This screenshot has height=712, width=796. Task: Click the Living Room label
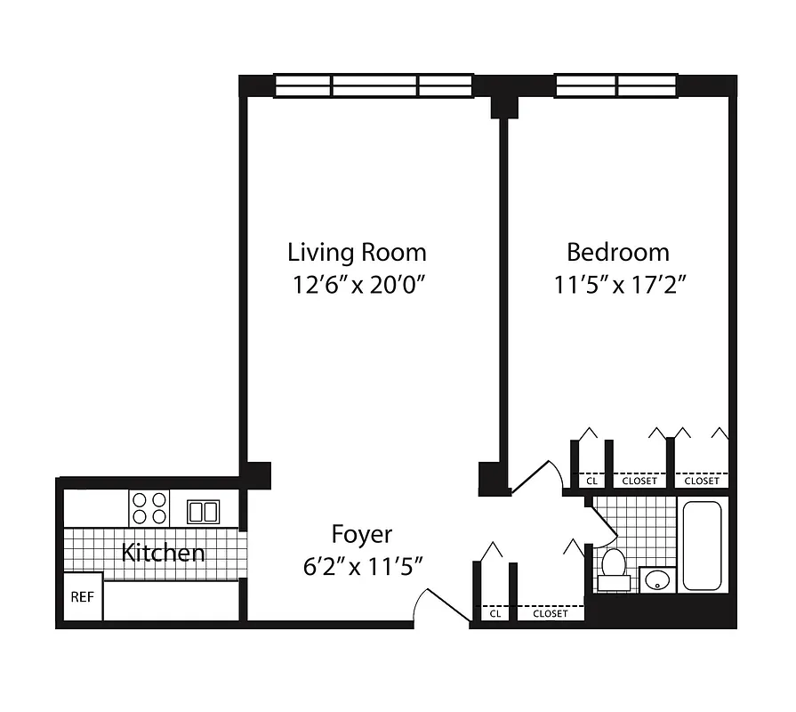click(357, 252)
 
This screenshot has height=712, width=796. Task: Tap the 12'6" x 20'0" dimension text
click(357, 285)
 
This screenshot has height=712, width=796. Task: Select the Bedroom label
click(618, 252)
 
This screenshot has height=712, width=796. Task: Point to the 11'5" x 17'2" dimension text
click(618, 285)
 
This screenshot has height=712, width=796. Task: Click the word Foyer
click(361, 534)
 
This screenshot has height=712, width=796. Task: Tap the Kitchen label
click(163, 553)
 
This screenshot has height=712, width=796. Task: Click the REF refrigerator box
click(82, 597)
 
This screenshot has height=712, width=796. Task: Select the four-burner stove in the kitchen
click(149, 508)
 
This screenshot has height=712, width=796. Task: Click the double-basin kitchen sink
click(203, 511)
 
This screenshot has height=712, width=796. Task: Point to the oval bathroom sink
click(657, 580)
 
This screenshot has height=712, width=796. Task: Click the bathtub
click(704, 546)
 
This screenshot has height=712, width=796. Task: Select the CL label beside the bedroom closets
click(591, 481)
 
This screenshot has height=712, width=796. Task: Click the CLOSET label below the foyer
click(551, 613)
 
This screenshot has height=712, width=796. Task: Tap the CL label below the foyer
click(494, 613)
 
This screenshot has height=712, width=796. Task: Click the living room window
click(374, 85)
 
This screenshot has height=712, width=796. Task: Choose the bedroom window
click(616, 85)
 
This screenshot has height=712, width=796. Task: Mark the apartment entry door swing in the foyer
click(430, 605)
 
